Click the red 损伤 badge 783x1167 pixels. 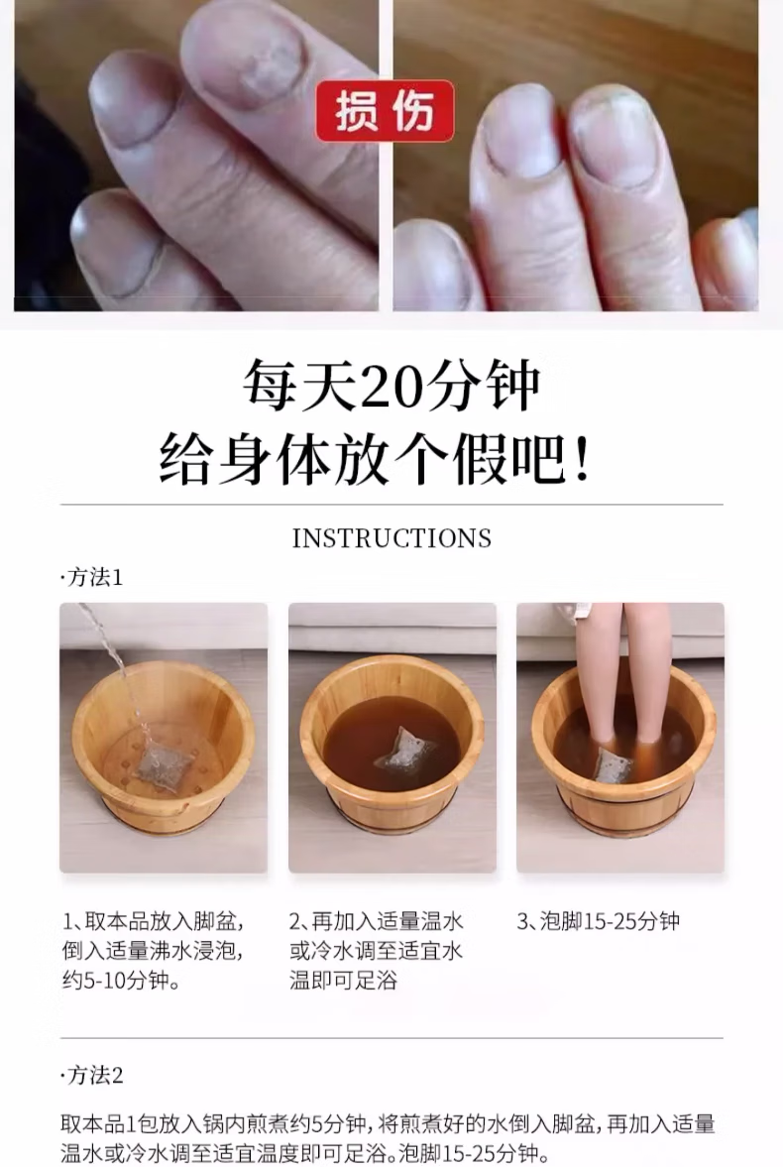pos(385,112)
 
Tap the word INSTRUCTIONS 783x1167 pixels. pos(391,538)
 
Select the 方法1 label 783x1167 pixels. pos(92,577)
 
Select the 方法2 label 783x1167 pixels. pos(92,1075)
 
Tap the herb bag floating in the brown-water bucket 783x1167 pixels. pos(405,750)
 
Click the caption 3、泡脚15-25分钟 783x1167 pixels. pos(599,921)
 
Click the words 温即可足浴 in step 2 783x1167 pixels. pos(343,981)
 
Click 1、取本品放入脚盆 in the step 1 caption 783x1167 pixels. pos(154,921)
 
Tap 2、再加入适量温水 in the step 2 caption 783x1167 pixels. pos(377,921)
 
